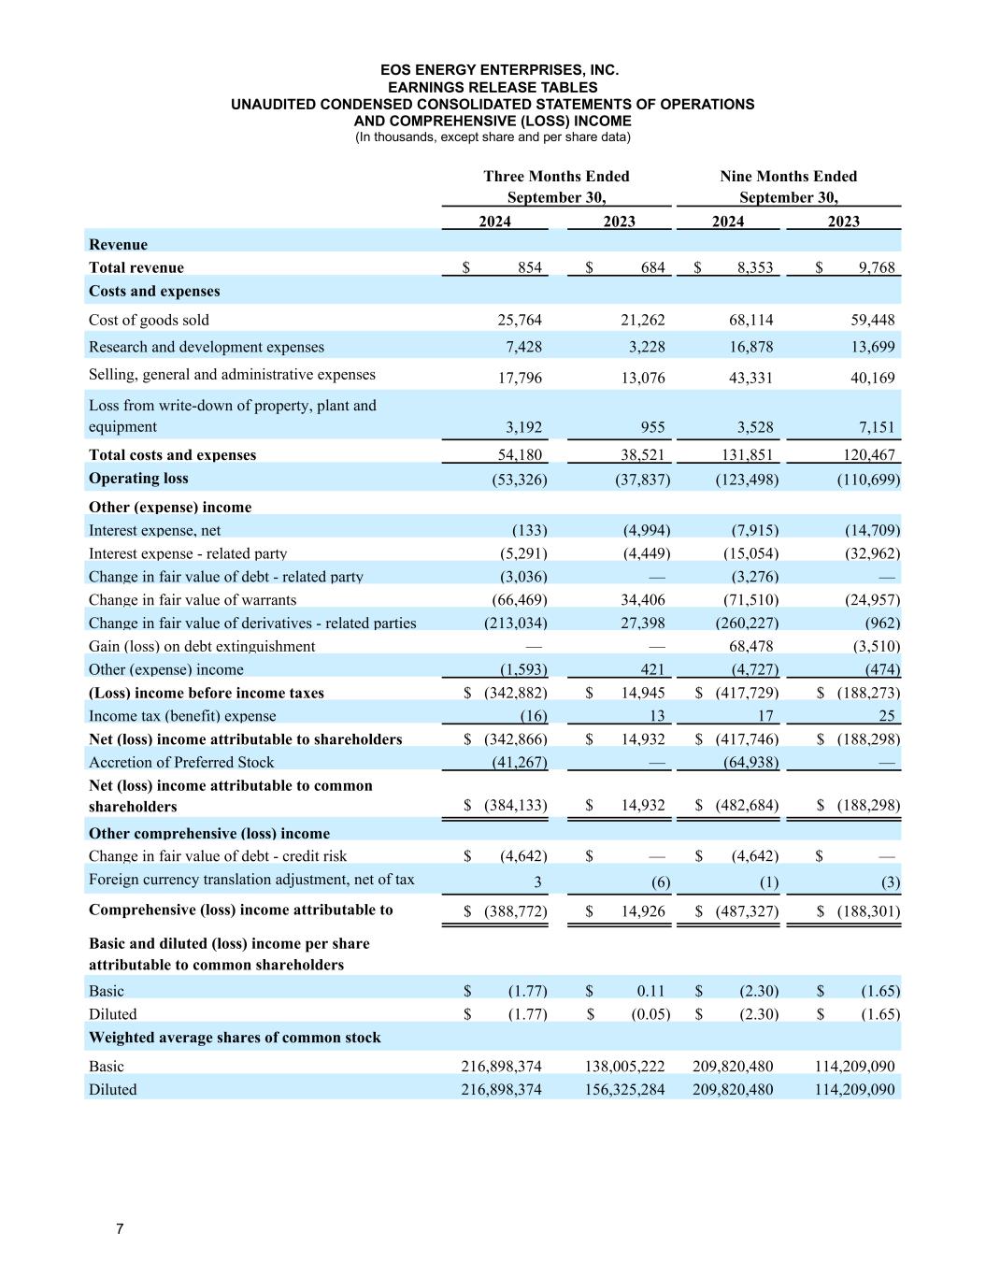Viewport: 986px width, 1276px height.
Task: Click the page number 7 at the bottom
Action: (x=120, y=1228)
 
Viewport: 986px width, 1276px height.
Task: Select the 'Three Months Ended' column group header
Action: (x=556, y=177)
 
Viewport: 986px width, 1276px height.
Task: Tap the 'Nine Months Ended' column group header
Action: (x=788, y=177)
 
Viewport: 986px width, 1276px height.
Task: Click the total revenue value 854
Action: (x=529, y=268)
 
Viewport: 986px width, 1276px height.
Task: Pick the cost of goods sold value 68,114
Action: (x=750, y=320)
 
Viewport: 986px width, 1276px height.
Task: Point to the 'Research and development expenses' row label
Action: (x=207, y=347)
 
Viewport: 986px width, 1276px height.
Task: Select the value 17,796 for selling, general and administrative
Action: (x=519, y=378)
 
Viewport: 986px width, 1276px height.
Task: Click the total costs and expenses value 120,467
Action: (x=868, y=455)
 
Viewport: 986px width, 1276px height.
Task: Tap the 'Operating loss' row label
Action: (x=138, y=479)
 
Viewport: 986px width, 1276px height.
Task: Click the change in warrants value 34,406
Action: (x=643, y=600)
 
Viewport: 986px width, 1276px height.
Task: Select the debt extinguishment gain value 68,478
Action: (x=750, y=647)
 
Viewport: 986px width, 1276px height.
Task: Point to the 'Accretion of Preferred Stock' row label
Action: (x=181, y=763)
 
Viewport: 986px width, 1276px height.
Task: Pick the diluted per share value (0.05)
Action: (x=646, y=1014)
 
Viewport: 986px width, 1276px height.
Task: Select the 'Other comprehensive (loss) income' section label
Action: (x=209, y=833)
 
